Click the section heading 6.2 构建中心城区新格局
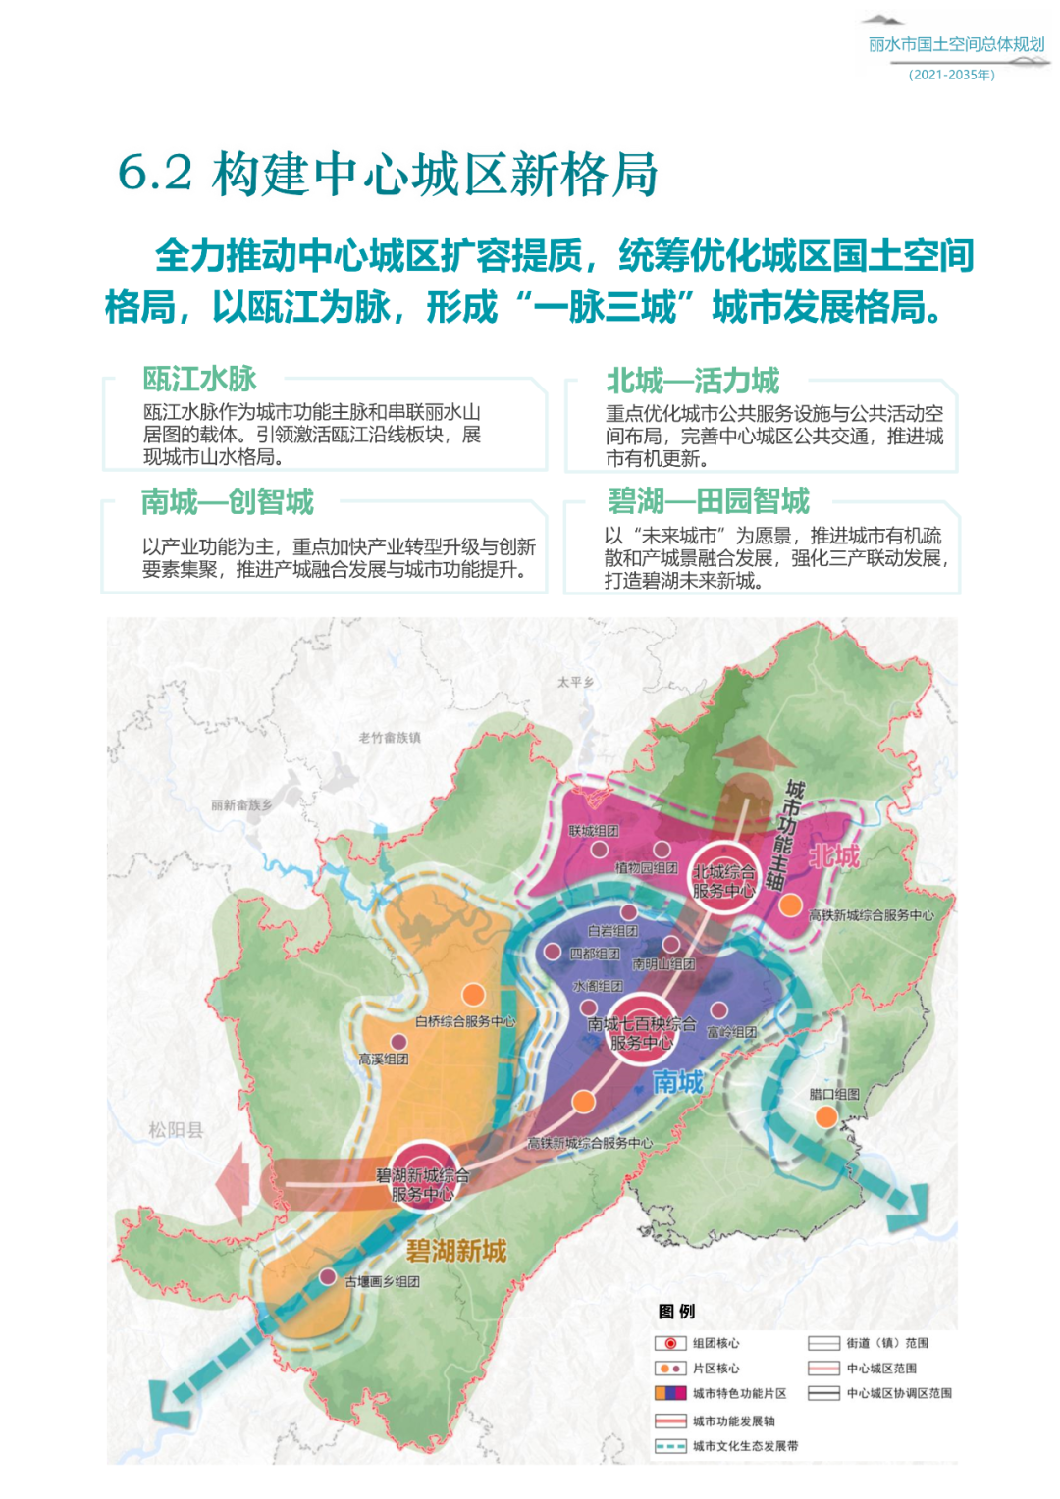[x=388, y=174]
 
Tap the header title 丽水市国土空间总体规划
[x=956, y=44]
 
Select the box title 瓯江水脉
[x=199, y=379]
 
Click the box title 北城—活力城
[x=692, y=381]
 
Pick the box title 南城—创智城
[x=227, y=502]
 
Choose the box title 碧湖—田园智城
[x=708, y=501]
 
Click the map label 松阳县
[x=176, y=1130]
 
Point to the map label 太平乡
[x=575, y=682]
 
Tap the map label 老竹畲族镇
[x=389, y=738]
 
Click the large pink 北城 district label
[x=833, y=856]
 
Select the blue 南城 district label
[x=678, y=1081]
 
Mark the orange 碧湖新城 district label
[x=456, y=1251]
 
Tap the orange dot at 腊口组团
[x=826, y=1116]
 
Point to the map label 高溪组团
[x=383, y=1060]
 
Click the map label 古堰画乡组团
[x=382, y=1281]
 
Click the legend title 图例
[x=676, y=1312]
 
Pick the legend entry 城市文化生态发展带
[x=745, y=1446]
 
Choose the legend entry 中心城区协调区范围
[x=898, y=1393]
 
